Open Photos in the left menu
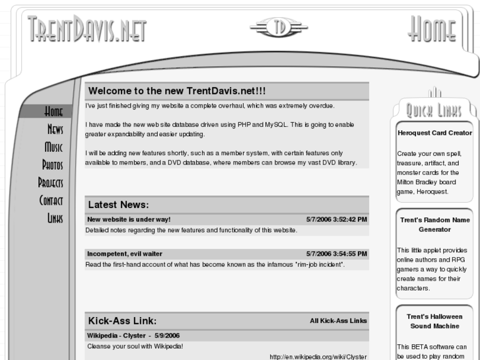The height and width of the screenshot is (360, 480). [53, 164]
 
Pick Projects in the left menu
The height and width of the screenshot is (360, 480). [51, 182]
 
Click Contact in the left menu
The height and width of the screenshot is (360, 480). [51, 199]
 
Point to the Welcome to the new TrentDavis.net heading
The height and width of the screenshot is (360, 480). [177, 90]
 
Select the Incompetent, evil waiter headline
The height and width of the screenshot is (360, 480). [125, 254]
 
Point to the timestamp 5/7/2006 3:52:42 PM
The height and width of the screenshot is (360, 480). [337, 219]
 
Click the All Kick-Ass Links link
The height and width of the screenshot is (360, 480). [338, 321]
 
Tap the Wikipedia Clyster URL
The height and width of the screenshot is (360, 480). [318, 357]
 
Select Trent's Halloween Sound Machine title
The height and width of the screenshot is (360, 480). [434, 322]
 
